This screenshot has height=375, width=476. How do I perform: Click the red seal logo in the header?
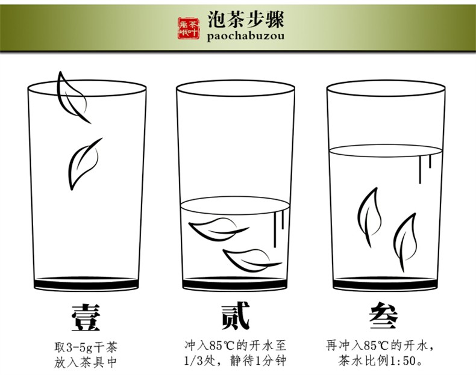[189, 28]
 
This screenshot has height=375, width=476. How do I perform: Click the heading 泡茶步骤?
[246, 20]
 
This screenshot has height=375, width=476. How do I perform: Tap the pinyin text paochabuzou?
[246, 36]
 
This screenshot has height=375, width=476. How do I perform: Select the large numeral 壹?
[86, 318]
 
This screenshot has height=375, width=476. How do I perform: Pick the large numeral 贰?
[236, 316]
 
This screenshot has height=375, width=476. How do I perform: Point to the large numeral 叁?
[383, 317]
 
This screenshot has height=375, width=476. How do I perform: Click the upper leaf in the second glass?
[218, 229]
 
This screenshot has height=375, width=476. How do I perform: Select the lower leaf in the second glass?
[251, 260]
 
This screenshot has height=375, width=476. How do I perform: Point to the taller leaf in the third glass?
[369, 216]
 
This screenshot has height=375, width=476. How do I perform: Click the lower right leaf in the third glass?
[405, 241]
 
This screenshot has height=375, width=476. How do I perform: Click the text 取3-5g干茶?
[86, 347]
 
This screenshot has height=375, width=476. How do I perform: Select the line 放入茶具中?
[86, 362]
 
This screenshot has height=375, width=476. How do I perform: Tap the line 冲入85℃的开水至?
[235, 346]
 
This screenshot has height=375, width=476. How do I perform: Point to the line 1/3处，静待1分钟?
[235, 361]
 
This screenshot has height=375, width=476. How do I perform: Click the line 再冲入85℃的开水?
[377, 346]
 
